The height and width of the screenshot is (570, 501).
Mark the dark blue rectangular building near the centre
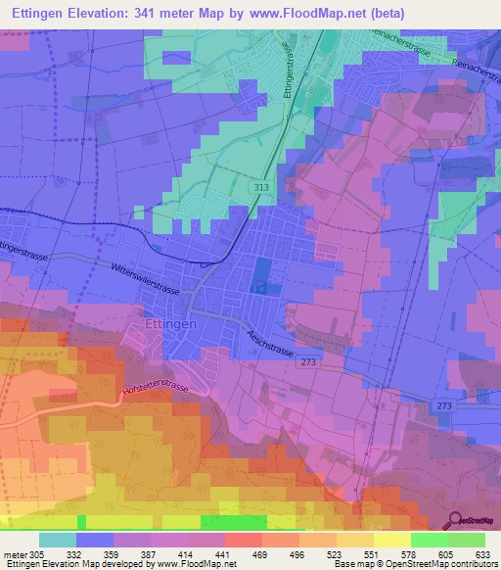(x=262, y=273)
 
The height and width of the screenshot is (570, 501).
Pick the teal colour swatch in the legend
(x=57, y=540)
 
